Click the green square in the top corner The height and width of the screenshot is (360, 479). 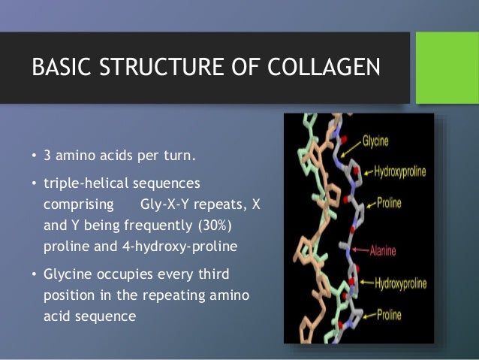(x=447, y=68)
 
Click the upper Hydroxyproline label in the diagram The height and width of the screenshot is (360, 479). (x=399, y=171)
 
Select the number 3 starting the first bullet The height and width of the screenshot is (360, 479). (x=47, y=156)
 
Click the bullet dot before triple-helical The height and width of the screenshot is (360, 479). (x=34, y=184)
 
